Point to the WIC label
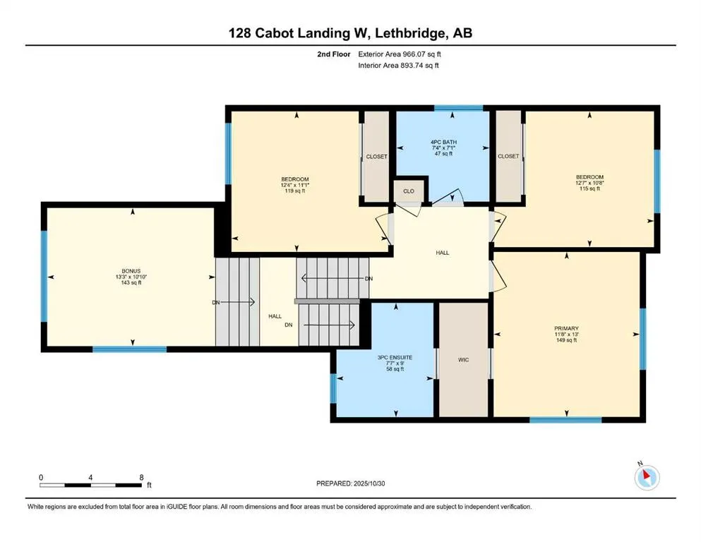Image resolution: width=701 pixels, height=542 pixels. [x=464, y=360]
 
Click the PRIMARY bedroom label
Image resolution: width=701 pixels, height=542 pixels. [x=567, y=328]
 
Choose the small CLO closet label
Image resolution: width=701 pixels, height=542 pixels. [x=409, y=191]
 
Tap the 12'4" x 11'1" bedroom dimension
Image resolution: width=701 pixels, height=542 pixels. [x=295, y=186]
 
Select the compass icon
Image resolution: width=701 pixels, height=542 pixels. [x=647, y=478]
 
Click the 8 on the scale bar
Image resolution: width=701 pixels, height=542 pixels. [x=142, y=477]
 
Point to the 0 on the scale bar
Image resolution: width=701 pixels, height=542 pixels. [x=41, y=477]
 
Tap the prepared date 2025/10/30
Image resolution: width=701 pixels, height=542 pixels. [x=373, y=483]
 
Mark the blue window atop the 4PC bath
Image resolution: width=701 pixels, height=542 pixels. [x=458, y=108]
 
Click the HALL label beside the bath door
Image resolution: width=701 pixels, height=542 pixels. [x=443, y=253]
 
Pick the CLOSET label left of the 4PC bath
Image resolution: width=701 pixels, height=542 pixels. [x=376, y=157]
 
